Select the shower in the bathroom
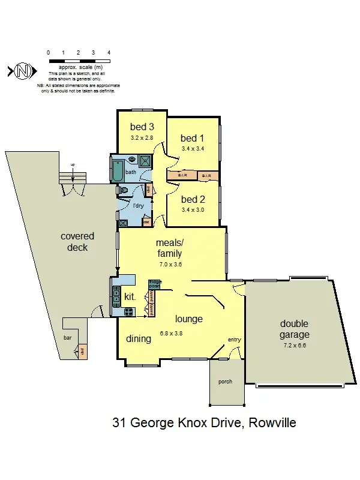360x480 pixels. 146,160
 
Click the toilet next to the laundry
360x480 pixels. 124,190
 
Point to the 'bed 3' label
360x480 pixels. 142,127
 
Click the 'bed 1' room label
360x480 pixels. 193,139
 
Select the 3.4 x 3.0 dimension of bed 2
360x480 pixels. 193,210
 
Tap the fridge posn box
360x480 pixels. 155,283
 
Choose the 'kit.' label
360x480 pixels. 130,296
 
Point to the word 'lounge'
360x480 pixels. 188,319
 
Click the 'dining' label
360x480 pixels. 138,339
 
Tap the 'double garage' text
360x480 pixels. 295,329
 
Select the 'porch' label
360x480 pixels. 225,382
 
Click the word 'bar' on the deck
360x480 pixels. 67,338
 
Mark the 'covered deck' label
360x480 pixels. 77,242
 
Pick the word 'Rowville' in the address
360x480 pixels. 271,423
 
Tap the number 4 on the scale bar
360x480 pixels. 109,53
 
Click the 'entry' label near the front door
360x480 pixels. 233,340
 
